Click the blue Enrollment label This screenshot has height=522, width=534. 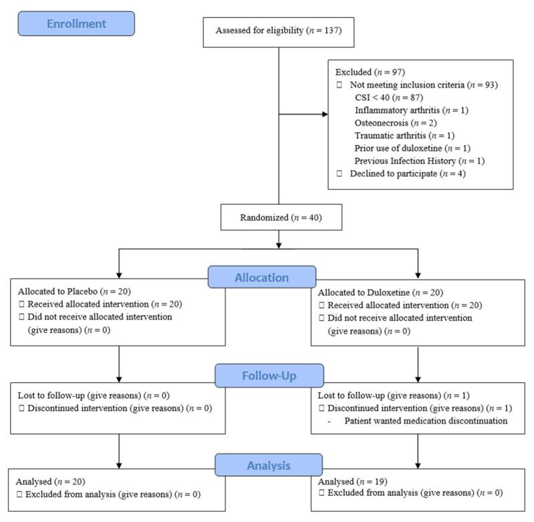pos(76,23)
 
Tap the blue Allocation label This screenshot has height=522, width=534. pos(262,277)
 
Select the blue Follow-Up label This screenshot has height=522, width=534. pos(269,376)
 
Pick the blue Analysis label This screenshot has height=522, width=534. pos(269,465)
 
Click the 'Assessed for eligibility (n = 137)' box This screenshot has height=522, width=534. pos(279,32)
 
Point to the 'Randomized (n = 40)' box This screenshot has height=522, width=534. pos(281,217)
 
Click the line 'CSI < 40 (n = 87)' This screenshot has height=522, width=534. pos(389,98)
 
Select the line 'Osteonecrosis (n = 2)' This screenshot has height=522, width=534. pos(396,123)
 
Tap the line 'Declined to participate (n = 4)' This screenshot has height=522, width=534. pos(408,174)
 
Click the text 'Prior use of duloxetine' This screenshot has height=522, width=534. pos(398,148)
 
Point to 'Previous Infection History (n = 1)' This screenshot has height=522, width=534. pos(420,160)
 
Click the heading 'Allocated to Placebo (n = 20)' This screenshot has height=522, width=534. pos(74,291)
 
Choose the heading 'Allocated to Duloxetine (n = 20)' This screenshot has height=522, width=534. pos(380,293)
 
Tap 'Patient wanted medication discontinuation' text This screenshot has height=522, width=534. pos(426,421)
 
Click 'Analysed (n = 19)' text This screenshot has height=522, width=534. pos(352,481)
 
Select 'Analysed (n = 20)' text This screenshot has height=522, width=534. pos(50,481)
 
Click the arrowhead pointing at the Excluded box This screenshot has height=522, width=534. pos(325,114)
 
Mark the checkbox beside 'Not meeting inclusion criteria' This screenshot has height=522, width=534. pos(340,85)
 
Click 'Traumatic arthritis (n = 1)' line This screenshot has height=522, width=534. pos(404,136)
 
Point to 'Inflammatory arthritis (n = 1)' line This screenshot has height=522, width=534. pos(412,110)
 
